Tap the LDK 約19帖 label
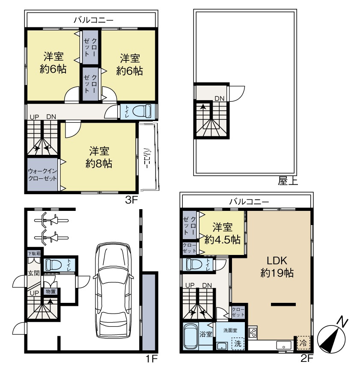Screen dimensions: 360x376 (x=277, y=266)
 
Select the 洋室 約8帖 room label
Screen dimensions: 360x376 (x=99, y=157)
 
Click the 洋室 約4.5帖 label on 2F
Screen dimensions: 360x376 (x=222, y=233)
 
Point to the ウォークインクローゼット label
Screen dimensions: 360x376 (x=42, y=175)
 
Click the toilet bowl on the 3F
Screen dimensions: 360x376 (x=142, y=111)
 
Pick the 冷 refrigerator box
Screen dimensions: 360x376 (x=303, y=343)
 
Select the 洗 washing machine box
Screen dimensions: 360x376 (x=238, y=343)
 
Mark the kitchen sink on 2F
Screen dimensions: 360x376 (x=284, y=346)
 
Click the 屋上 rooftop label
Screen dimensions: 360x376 (x=288, y=181)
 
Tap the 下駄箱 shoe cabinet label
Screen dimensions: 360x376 (x=34, y=254)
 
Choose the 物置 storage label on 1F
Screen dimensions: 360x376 (x=51, y=291)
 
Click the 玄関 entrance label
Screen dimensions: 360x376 (x=33, y=273)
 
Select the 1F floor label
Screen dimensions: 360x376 (x=151, y=359)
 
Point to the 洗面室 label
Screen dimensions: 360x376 (x=230, y=330)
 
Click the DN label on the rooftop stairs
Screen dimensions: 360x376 (x=219, y=98)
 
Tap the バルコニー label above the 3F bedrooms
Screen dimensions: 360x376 (x=93, y=20)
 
